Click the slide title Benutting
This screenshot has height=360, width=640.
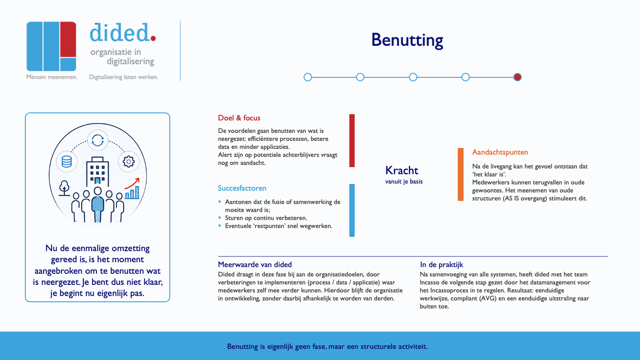[x=407, y=40]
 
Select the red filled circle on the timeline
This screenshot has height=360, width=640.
[x=517, y=77]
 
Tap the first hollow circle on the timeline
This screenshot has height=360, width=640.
[x=308, y=77]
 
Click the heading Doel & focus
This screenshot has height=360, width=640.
[x=239, y=118]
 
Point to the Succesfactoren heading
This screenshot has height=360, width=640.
[x=242, y=188]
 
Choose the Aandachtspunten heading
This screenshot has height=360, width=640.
[x=500, y=152]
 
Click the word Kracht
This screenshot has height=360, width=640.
[x=402, y=170]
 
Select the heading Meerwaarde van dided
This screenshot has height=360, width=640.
[x=255, y=264]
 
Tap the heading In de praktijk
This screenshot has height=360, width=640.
[x=441, y=264]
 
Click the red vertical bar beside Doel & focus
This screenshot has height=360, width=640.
[x=352, y=140]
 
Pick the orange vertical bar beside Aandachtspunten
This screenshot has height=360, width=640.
[x=460, y=174]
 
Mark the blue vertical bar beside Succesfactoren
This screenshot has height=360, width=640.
[x=352, y=210]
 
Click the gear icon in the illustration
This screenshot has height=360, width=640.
[x=128, y=161]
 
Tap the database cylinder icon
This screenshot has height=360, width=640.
[x=67, y=161]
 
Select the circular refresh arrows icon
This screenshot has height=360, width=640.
[x=98, y=140]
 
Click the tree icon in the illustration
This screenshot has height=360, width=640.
[x=64, y=188]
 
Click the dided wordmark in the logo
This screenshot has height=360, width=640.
[x=123, y=32]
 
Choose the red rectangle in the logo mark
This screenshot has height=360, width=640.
[x=68, y=40]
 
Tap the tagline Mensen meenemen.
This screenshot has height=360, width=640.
[x=52, y=77]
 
